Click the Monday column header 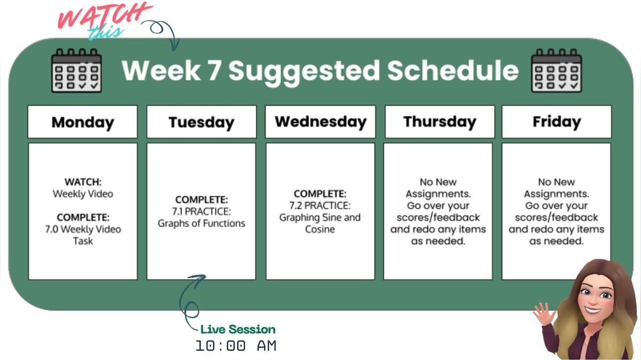(x=83, y=122)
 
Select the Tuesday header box (x=201, y=122)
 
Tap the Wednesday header (x=320, y=122)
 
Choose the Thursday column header (x=439, y=122)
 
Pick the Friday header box (x=556, y=122)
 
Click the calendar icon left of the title (x=76, y=71)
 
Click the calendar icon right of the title (x=557, y=71)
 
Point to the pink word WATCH (x=104, y=16)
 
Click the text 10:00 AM (x=236, y=346)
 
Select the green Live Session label (x=238, y=330)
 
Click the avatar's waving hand (x=544, y=314)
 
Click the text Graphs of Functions (x=201, y=223)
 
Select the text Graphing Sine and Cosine (x=320, y=223)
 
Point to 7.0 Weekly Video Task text (x=83, y=235)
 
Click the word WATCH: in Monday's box (x=83, y=182)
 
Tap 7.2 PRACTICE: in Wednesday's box (x=320, y=206)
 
